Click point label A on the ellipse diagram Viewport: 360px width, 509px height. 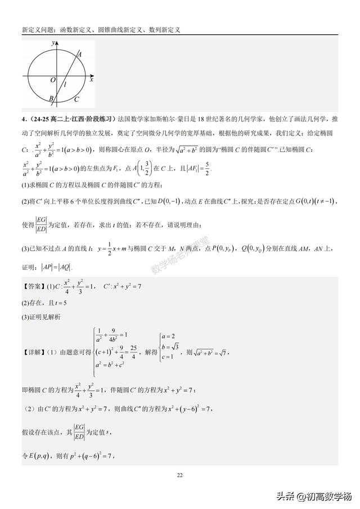click(80, 54)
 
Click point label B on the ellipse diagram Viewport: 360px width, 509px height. click(51, 98)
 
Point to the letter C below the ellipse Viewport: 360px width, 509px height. click(76, 98)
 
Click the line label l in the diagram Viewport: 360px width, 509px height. click(66, 84)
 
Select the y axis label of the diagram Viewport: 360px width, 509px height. click(52, 43)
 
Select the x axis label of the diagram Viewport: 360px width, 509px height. click(91, 80)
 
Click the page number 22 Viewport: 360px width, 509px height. click(179, 476)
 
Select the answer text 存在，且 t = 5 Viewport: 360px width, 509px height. click(45, 303)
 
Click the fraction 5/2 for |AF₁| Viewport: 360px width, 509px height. click(208, 168)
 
